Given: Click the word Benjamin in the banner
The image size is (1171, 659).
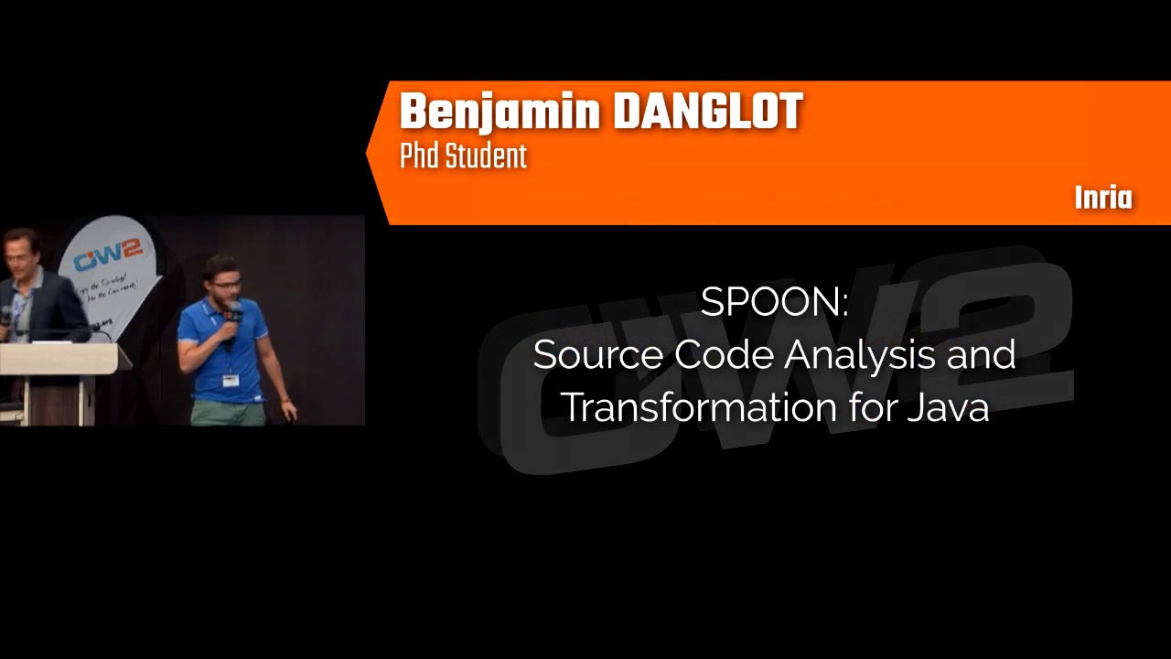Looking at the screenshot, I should [500, 113].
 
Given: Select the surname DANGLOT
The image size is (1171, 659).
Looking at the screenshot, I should [707, 113].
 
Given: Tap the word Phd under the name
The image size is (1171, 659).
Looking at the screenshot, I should [416, 157].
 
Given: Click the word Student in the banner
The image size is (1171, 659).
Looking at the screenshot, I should [487, 157].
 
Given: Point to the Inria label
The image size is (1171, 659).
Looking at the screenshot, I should [1103, 199].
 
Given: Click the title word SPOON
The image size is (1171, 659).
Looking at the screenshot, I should [774, 303].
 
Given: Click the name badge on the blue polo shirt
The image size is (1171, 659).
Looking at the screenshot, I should [231, 380].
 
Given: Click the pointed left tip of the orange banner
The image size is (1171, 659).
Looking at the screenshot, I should [368, 154].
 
